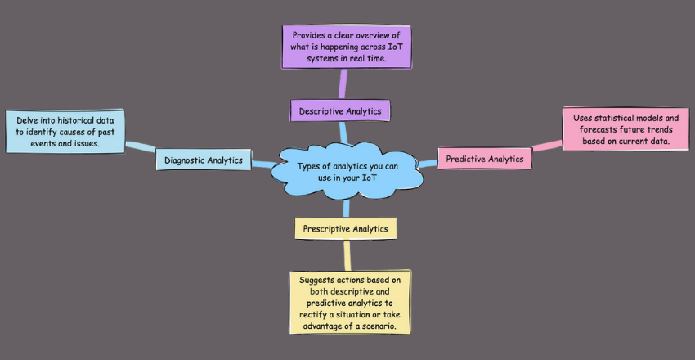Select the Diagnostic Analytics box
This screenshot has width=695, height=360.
tap(203, 160)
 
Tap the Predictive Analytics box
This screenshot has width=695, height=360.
tap(485, 158)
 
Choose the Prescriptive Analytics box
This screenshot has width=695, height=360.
tap(346, 228)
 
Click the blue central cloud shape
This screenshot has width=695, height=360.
tap(348, 173)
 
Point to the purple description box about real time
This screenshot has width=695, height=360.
tap(347, 47)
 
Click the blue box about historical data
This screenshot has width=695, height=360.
tap(65, 131)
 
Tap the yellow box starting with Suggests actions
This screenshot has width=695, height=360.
tap(350, 302)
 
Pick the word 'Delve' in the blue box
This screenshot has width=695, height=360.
tap(29, 119)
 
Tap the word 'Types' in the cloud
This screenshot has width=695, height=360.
tap(312, 166)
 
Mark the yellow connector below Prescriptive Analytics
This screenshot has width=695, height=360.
tap(347, 254)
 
